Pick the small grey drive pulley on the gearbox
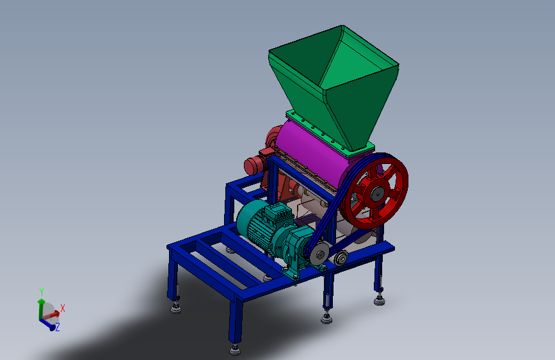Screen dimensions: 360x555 (x=318, y=255)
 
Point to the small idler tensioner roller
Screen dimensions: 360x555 (x=341, y=258)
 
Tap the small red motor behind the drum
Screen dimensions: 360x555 (x=256, y=163)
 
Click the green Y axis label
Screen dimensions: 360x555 (x=41, y=291)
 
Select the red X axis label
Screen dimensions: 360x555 (x=63, y=308)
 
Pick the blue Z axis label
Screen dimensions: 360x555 (x=57, y=327)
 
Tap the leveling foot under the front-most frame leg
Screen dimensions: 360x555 (x=235, y=349)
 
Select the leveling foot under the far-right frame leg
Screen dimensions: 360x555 (x=380, y=299)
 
